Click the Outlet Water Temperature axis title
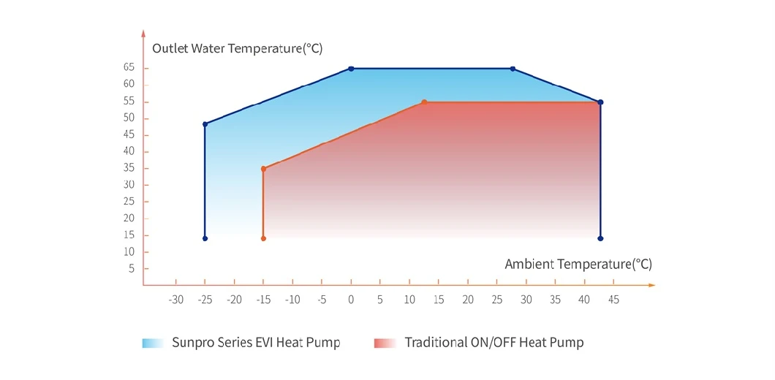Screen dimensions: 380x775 [x=237, y=49]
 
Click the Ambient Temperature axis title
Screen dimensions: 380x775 [x=578, y=264]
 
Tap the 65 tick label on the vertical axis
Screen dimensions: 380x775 [x=129, y=67]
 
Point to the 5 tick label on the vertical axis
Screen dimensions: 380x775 [x=132, y=268]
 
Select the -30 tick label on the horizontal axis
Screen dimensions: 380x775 [x=175, y=300]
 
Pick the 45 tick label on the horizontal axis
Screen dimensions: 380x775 [x=613, y=300]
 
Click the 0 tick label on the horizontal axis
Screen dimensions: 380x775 [x=351, y=300]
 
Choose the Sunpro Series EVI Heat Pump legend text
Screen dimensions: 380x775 [x=256, y=342]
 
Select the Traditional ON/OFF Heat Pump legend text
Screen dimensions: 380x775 [x=494, y=342]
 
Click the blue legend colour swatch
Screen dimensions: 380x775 [x=153, y=343]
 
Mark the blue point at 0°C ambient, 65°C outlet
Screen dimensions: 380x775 [x=351, y=69]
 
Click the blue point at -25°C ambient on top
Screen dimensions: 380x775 [x=205, y=124]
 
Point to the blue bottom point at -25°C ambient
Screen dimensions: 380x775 [x=205, y=238]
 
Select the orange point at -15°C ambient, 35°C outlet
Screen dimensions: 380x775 [x=263, y=169]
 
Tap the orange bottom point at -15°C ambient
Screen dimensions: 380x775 [x=263, y=238]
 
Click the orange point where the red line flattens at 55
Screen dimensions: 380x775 [x=424, y=102]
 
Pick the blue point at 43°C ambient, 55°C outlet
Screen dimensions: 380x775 [x=600, y=102]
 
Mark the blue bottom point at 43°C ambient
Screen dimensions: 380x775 [x=600, y=238]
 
